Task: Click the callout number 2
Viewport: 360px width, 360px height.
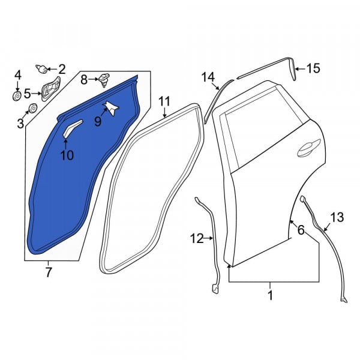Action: [62, 69]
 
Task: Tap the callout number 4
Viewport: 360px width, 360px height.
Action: [18, 76]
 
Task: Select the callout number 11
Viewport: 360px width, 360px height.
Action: [164, 101]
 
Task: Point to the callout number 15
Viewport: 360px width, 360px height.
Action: [314, 68]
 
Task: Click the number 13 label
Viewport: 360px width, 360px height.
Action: [337, 217]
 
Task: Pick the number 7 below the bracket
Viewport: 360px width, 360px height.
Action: [49, 272]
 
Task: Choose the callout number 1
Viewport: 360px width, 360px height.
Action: [271, 295]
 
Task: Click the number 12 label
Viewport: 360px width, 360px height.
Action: [197, 239]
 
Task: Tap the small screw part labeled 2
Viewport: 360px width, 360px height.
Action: [41, 68]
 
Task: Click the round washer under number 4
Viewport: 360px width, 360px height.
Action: [17, 96]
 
